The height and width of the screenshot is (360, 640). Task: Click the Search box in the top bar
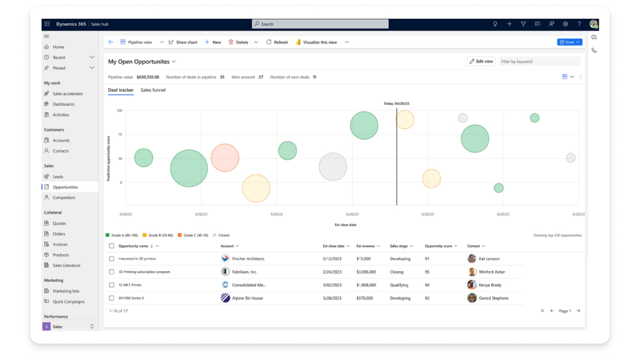320,24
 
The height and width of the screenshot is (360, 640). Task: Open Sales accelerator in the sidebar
67,94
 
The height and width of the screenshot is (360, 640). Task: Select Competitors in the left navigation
64,197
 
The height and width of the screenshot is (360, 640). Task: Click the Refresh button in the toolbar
277,42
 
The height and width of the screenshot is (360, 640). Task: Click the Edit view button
481,61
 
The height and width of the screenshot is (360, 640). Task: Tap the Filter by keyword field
539,61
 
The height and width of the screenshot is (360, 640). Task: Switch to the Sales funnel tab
152,90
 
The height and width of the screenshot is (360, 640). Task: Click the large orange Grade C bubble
225,157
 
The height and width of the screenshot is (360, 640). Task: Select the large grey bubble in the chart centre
332,167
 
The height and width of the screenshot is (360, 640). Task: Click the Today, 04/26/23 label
396,104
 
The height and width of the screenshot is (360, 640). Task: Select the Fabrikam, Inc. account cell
244,272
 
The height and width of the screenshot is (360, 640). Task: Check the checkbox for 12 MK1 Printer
111,285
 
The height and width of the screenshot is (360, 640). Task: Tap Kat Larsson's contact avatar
472,259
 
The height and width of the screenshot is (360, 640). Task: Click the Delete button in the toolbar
238,42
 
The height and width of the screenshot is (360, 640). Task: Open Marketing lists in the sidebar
66,291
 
